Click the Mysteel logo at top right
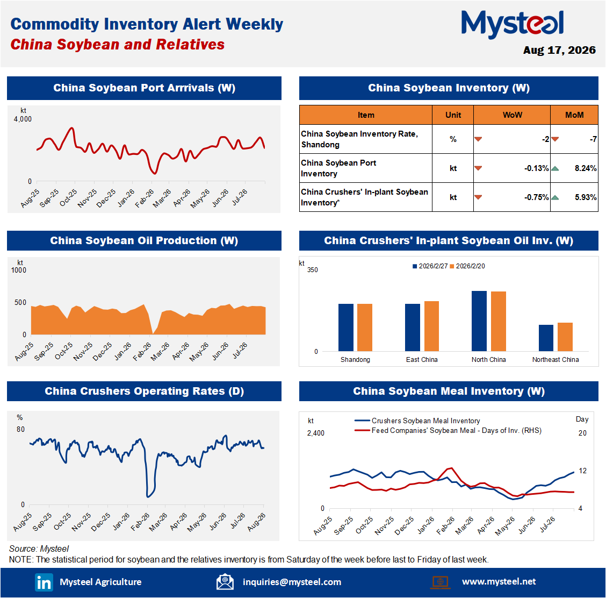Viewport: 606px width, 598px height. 513,24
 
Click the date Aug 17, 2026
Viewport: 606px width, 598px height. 559,51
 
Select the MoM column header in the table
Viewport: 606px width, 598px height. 574,115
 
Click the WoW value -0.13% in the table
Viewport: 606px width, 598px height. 537,168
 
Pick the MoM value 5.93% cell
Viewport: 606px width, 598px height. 586,197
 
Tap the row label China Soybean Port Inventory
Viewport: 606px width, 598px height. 338,168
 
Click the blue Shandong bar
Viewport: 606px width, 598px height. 346,328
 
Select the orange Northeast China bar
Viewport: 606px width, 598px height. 565,337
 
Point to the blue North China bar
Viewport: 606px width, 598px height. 479,321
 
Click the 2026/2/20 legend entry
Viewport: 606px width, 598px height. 467,266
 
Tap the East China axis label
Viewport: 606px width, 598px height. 422,360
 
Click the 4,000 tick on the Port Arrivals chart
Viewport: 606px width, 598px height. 23,119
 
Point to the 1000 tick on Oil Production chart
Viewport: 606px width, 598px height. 19,270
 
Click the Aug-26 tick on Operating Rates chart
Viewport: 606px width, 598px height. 256,522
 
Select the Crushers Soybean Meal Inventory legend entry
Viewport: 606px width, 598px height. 417,421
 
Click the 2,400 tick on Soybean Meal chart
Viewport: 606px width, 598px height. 316,433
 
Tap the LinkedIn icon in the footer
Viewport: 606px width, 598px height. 44,582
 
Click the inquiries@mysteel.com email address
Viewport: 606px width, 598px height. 292,582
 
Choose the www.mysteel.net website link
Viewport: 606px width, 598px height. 499,582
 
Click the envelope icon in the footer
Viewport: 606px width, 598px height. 225,582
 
